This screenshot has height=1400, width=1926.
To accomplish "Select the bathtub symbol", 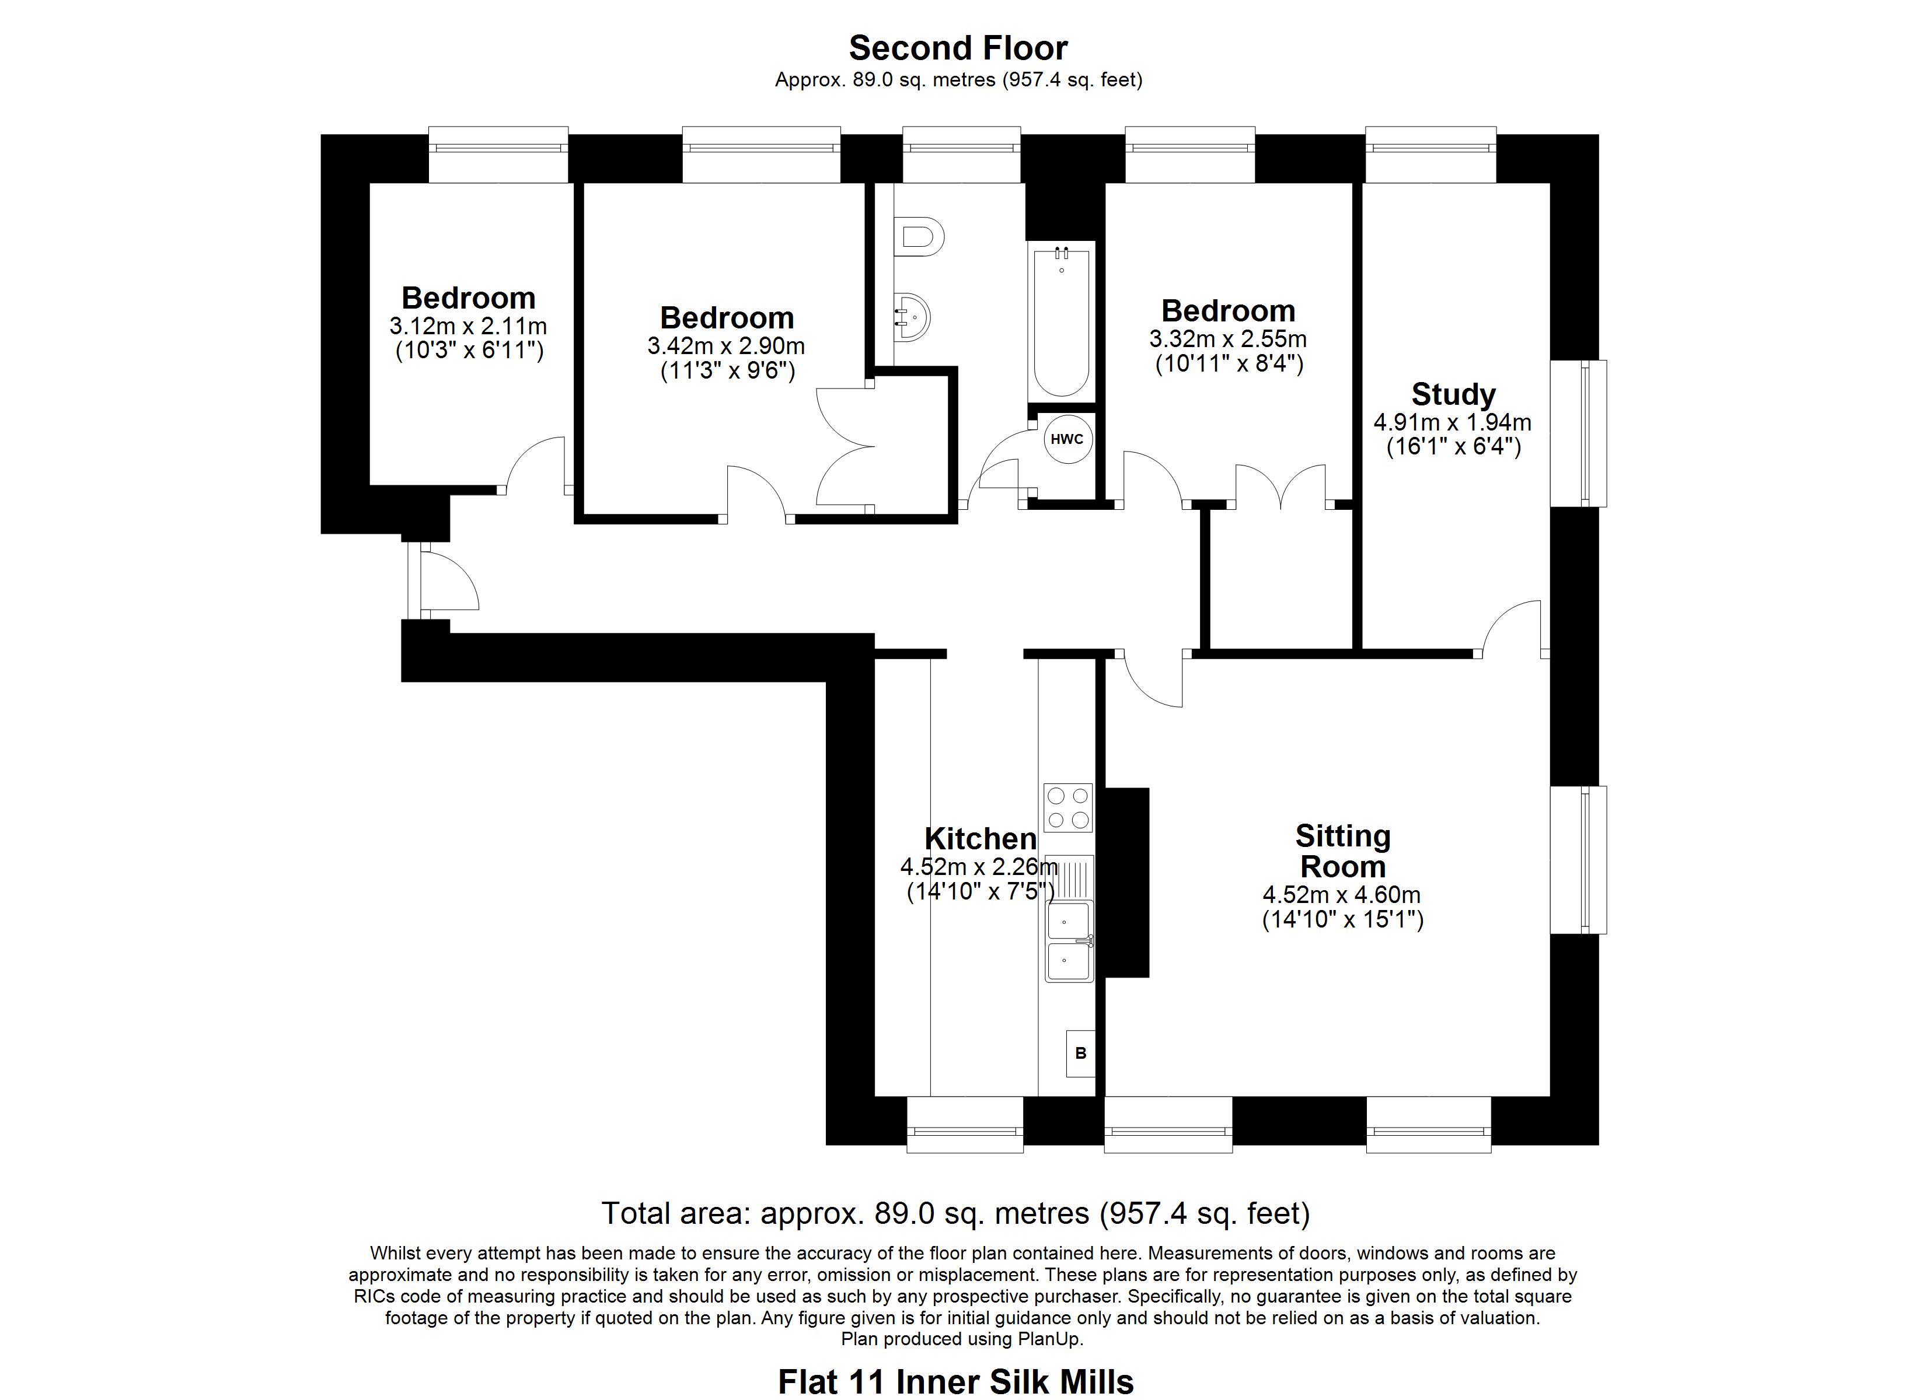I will click(1060, 320).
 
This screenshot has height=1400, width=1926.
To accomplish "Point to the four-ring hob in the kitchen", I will click(1067, 807).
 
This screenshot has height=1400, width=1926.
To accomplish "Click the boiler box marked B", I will click(1080, 1053).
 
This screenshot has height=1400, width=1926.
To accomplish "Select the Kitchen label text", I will click(980, 839).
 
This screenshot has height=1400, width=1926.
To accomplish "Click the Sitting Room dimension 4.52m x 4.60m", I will click(1342, 895).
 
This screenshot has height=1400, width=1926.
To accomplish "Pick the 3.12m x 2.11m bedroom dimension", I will click(468, 326).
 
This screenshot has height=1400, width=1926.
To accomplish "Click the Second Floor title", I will click(958, 48).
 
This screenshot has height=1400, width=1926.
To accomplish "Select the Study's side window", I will click(1579, 434).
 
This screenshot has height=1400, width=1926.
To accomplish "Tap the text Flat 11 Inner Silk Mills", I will click(955, 1381).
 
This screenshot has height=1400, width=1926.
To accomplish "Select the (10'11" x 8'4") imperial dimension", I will click(1229, 364).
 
